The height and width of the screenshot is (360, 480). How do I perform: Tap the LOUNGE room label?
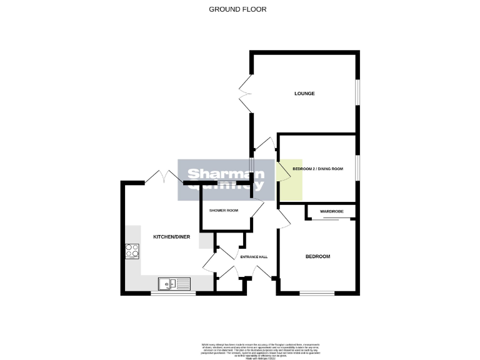click(x=304, y=94)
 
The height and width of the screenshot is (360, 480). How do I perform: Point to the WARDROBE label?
click(x=331, y=211)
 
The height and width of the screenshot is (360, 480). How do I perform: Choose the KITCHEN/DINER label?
click(x=171, y=237)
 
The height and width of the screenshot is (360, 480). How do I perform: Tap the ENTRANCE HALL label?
click(x=255, y=256)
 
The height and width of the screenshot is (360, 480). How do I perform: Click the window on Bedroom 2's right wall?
click(x=358, y=168)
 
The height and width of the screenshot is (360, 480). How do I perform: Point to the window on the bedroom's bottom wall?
click(x=317, y=293)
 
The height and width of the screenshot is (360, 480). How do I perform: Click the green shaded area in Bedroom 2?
click(x=291, y=180)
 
